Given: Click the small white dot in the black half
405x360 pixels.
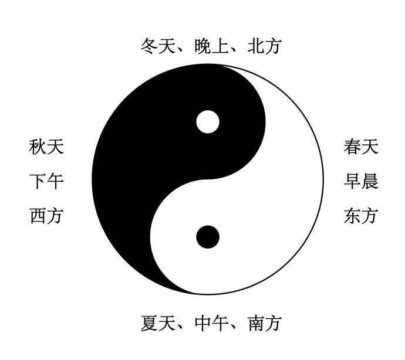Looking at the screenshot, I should (207, 122).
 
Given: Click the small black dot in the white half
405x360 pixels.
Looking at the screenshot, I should (207, 237).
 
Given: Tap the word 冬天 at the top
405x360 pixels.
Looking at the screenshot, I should (159, 46).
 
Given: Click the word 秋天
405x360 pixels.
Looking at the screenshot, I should (46, 147).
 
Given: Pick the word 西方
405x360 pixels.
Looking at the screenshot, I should (46, 216).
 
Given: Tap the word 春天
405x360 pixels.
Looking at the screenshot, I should (361, 147).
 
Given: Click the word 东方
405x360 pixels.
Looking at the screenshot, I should (361, 216).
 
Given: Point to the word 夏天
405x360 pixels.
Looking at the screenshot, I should (159, 322).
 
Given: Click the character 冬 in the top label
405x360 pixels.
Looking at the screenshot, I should (150, 46).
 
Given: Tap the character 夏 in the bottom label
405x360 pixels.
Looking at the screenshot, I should (150, 322).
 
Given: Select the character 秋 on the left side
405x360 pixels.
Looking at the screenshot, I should (38, 147).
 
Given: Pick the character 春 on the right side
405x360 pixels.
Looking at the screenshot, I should (352, 147).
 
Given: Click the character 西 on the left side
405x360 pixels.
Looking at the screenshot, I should (38, 216).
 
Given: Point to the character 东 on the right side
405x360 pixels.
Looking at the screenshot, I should (352, 216).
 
